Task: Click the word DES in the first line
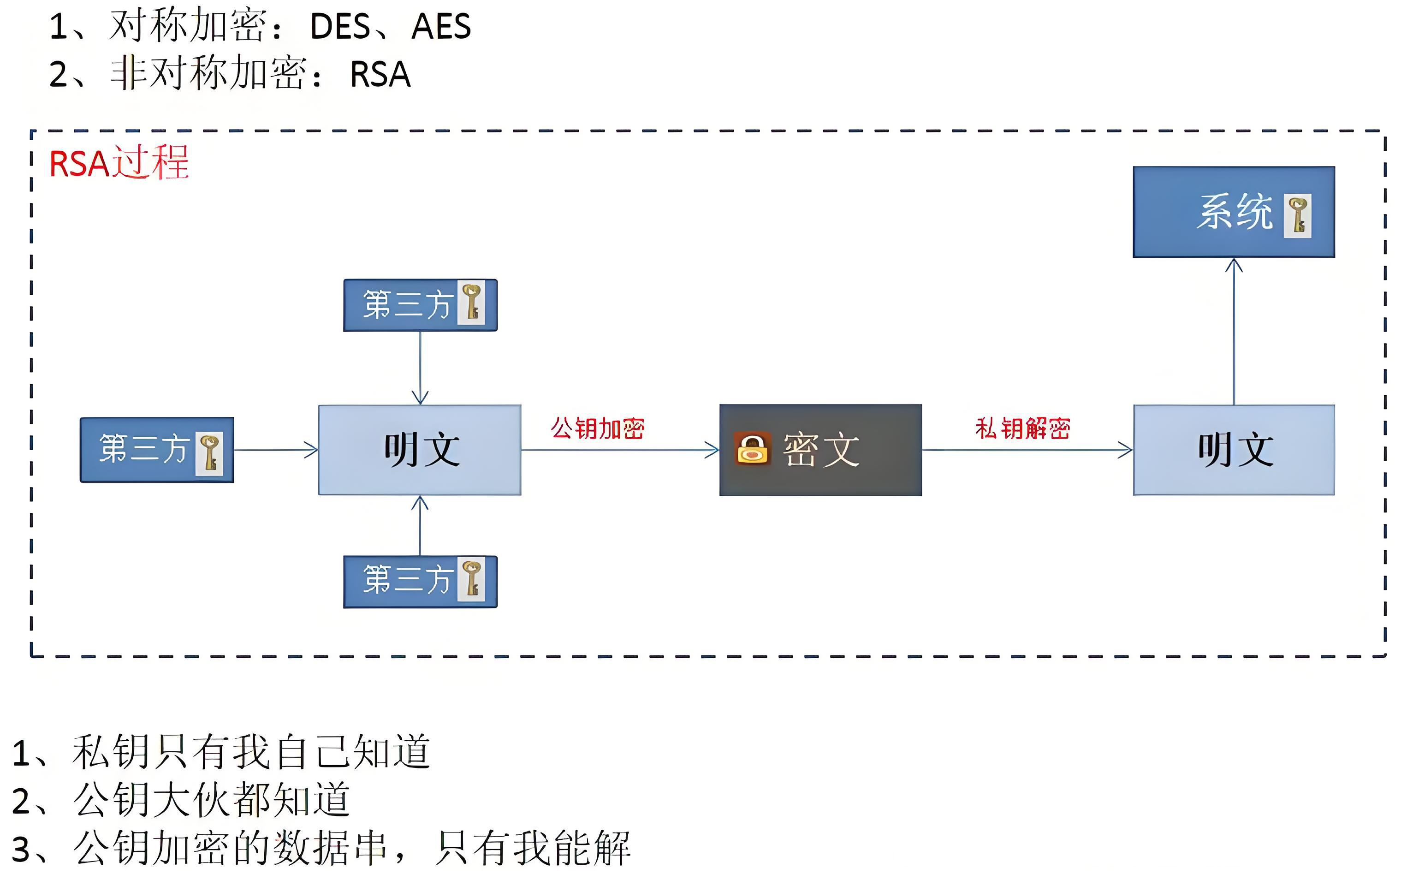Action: click(x=340, y=27)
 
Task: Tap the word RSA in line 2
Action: click(x=380, y=75)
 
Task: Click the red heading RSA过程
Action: click(x=119, y=162)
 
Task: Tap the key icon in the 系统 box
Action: click(x=1297, y=215)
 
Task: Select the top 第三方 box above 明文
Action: click(x=420, y=305)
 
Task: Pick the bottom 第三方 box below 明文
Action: click(x=420, y=582)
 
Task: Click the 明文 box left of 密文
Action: click(x=420, y=450)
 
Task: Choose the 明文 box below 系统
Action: click(x=1234, y=450)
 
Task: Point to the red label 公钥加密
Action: click(x=598, y=428)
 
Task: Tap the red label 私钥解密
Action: click(x=1022, y=428)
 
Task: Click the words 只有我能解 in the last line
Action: click(x=533, y=848)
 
